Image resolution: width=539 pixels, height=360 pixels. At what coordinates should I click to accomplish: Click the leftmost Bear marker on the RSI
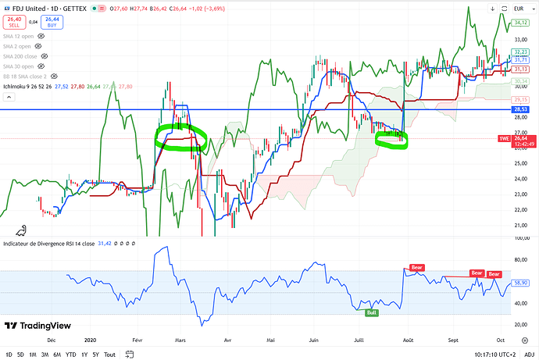(416, 267)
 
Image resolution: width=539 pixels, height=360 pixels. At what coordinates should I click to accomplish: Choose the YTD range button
(70, 354)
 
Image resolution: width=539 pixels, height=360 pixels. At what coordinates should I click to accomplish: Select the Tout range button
(109, 354)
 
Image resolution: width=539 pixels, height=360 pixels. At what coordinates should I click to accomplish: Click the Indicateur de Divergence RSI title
(48, 244)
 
